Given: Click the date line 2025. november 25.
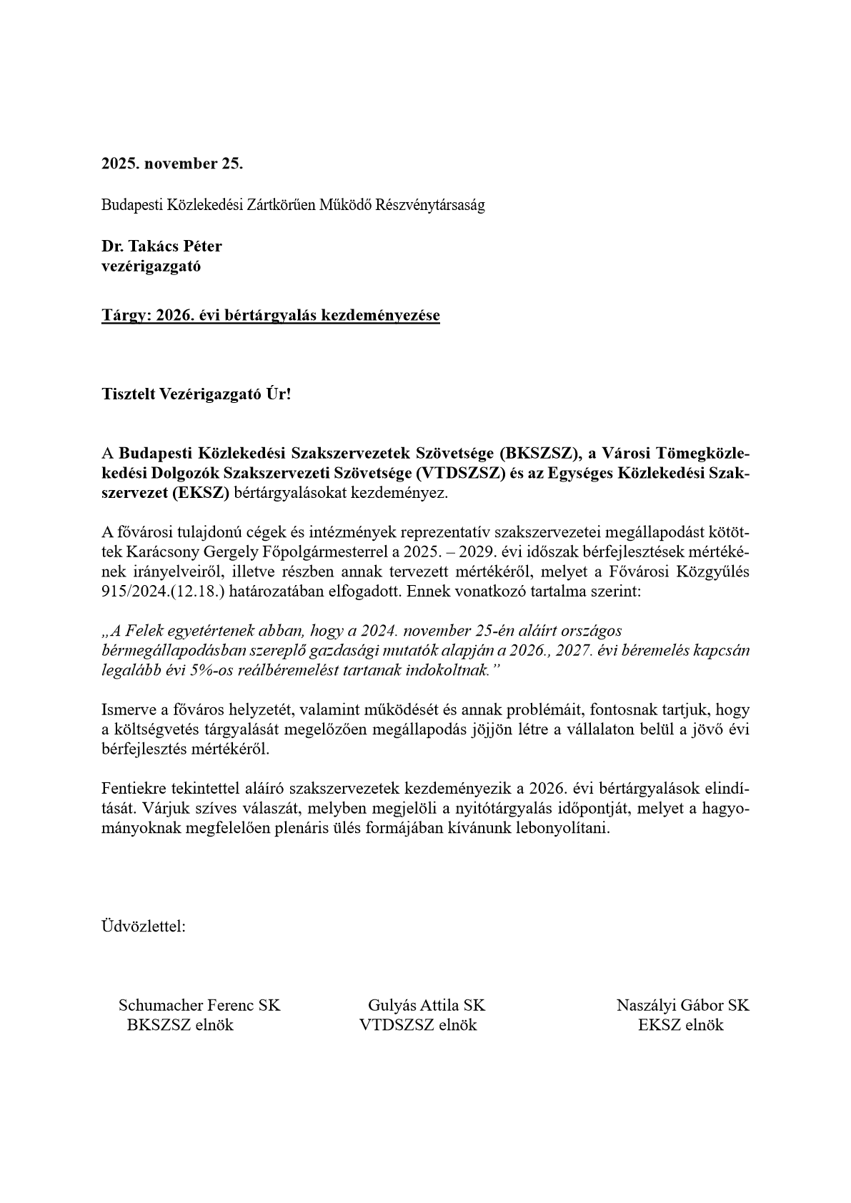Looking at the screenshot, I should coord(171,164).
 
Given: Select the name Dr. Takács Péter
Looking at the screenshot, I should coord(161,246).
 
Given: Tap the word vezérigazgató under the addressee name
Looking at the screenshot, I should coord(151,266).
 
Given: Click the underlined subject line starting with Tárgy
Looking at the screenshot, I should coord(270,315).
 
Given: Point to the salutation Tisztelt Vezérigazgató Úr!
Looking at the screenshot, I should coord(196,394).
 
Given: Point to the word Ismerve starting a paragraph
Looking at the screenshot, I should coord(127,710).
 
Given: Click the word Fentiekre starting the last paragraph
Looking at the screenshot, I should coord(134,789).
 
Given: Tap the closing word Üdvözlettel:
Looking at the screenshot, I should coord(144,927).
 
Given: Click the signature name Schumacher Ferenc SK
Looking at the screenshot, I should coord(199,1006).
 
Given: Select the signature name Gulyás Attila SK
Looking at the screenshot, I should coord(426,1006).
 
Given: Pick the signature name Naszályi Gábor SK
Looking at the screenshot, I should coord(682,1006).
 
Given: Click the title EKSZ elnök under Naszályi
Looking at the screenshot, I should coord(681,1026).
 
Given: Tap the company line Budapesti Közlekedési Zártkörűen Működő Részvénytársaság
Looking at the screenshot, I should coord(293,206).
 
